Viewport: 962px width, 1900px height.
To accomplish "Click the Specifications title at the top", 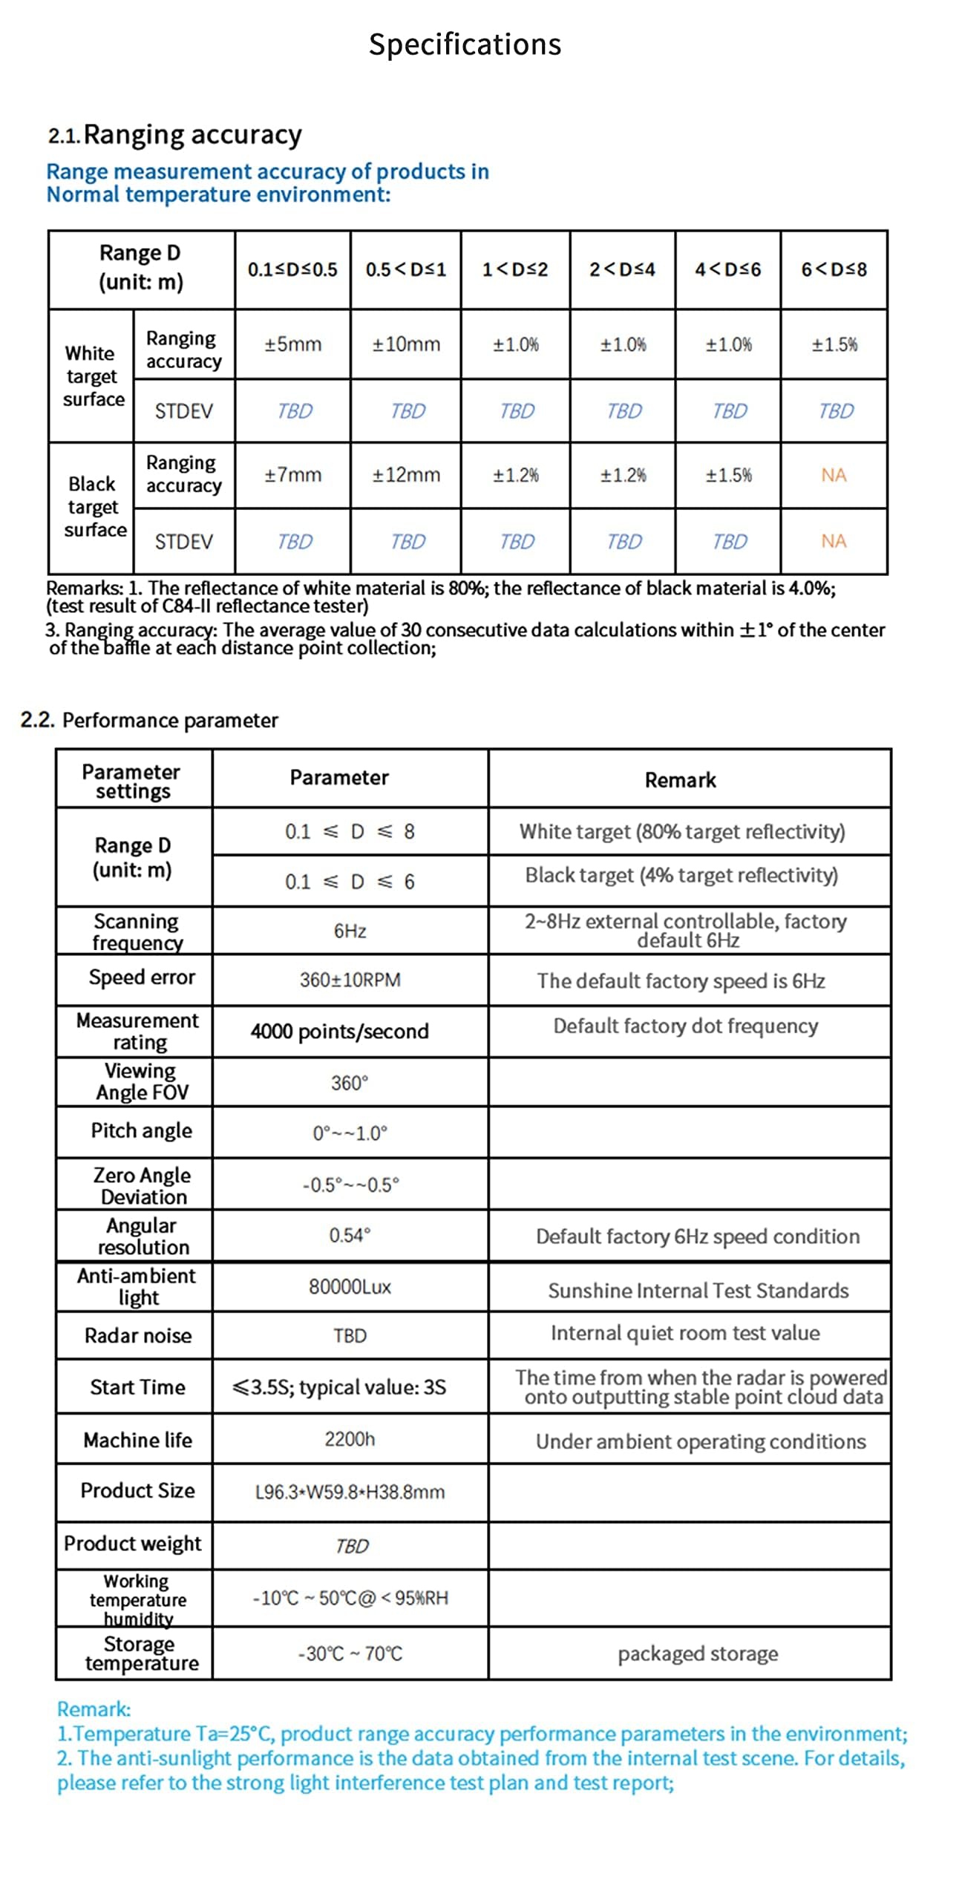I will [x=465, y=45].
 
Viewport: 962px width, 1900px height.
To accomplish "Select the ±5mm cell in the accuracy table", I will [x=292, y=344].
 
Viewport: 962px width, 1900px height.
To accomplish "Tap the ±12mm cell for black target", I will [x=406, y=475].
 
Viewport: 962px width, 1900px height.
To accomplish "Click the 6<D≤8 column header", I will [x=834, y=269].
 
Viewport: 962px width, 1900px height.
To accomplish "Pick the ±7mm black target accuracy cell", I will [x=292, y=475].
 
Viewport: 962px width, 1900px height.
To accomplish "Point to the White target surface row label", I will [x=92, y=376].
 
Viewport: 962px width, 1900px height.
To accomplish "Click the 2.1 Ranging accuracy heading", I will [x=175, y=135].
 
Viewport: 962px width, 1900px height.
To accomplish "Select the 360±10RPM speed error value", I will [x=350, y=980].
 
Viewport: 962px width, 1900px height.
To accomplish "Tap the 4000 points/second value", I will [x=339, y=1031].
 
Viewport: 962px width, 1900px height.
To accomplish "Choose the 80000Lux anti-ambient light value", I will [x=350, y=1286].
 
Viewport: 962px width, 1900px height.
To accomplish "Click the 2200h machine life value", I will [x=350, y=1439].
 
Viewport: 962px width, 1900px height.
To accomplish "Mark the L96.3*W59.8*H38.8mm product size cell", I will [x=350, y=1492].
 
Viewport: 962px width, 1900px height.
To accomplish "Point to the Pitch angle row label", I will [x=141, y=1130].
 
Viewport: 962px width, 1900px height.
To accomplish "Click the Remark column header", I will [x=680, y=780].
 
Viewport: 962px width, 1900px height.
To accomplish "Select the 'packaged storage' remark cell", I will [x=698, y=1654].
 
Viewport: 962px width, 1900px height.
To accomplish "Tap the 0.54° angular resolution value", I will [x=350, y=1235].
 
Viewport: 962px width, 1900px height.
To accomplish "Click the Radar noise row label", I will [x=138, y=1336].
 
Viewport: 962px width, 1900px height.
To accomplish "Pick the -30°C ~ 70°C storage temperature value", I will [x=350, y=1654].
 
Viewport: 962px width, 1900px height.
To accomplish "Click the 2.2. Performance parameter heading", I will [x=149, y=720].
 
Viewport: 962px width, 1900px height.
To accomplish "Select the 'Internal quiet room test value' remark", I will [x=685, y=1333].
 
